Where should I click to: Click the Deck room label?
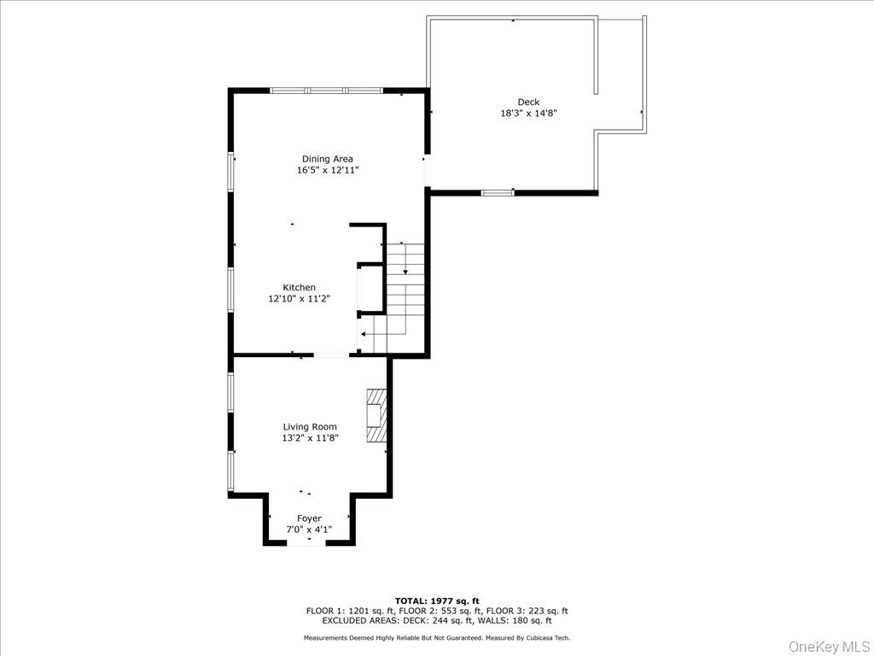(x=528, y=102)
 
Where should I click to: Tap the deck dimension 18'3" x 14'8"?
(x=528, y=113)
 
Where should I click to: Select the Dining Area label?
(x=327, y=159)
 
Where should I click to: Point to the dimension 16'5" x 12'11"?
(x=327, y=171)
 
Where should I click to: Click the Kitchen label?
(x=300, y=287)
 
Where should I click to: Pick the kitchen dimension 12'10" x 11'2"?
(x=300, y=299)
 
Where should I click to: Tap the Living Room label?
(x=310, y=426)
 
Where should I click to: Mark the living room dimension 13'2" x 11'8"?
(x=310, y=438)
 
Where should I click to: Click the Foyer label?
(x=309, y=518)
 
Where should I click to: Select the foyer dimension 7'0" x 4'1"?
(x=309, y=530)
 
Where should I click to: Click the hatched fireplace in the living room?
(x=376, y=416)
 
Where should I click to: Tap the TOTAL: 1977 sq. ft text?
(x=436, y=600)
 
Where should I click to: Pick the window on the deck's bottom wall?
(x=498, y=193)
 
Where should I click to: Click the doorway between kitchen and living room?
(x=331, y=354)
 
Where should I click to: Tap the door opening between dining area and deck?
(x=427, y=170)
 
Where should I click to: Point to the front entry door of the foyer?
(x=306, y=542)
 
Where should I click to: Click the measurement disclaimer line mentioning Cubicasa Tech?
(x=436, y=638)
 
